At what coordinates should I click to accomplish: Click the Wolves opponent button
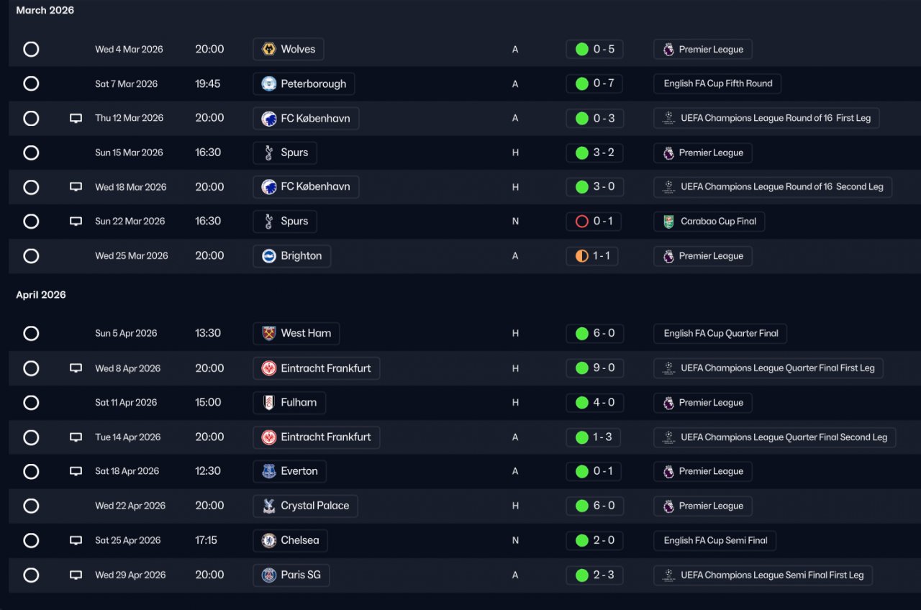click(x=289, y=50)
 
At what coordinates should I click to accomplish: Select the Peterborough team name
click(x=313, y=84)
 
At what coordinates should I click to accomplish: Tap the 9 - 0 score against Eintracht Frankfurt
click(x=603, y=368)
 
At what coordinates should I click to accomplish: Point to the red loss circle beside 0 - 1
click(x=582, y=222)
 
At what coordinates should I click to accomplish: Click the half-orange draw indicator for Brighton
click(x=582, y=256)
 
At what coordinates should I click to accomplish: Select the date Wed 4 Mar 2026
click(x=129, y=50)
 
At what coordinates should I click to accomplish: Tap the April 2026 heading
click(x=41, y=295)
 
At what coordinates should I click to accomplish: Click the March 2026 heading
click(x=45, y=10)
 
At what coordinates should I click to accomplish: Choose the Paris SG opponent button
click(x=291, y=575)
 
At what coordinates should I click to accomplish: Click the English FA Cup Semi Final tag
click(x=715, y=540)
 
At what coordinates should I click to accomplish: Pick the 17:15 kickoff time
click(x=206, y=540)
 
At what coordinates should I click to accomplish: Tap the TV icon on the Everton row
click(x=76, y=471)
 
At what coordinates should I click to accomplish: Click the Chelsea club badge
click(x=269, y=540)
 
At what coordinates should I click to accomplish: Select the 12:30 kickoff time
click(x=208, y=471)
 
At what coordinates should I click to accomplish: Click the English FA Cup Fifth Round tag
click(x=717, y=83)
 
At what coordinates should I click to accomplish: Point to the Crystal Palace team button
click(x=306, y=506)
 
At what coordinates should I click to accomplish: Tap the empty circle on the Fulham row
click(x=31, y=403)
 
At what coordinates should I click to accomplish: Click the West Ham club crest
click(x=269, y=334)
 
